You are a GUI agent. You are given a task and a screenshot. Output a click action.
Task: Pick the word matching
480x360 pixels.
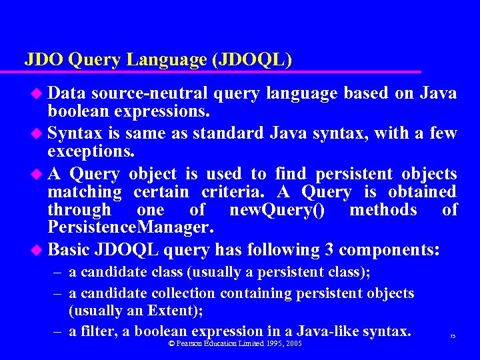point(85,193)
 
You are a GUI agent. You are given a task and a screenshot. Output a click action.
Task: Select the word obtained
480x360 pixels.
point(419,193)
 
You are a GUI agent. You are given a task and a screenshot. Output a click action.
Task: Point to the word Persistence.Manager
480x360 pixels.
point(131,228)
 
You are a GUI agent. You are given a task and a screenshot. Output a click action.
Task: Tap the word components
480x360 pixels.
point(389,251)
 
